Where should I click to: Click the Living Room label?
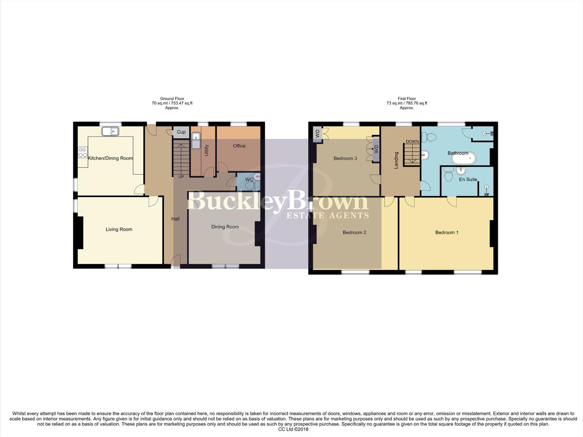tap(119, 229)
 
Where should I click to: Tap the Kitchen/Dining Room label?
tap(110, 158)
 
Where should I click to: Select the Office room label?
tap(239, 146)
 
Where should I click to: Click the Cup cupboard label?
tap(181, 132)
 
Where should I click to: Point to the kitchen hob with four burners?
tap(83, 152)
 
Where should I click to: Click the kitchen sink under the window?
tap(110, 131)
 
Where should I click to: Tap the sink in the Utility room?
tap(196, 142)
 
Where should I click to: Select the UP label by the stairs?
tap(181, 177)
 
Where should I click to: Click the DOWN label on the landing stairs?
tap(412, 142)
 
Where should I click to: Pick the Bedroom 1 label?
tap(447, 233)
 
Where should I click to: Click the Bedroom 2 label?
tap(354, 233)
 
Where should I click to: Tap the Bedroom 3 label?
tap(345, 159)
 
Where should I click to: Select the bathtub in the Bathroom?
tap(464, 158)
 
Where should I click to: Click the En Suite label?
tap(468, 179)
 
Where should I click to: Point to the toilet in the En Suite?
tap(448, 175)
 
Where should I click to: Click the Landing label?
tap(396, 160)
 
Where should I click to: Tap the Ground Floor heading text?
tap(172, 99)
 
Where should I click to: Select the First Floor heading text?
tap(407, 99)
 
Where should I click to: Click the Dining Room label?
tap(225, 227)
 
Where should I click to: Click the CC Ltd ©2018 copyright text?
tap(293, 429)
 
